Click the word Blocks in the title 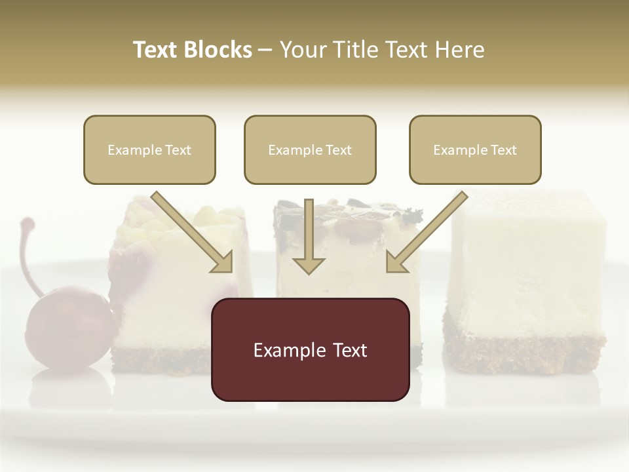click(219, 50)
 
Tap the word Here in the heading click(461, 50)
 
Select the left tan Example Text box click(149, 149)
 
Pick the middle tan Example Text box click(310, 149)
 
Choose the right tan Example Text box click(475, 149)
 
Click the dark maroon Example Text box click(310, 349)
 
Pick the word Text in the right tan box click(503, 150)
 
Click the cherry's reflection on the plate click(66, 387)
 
